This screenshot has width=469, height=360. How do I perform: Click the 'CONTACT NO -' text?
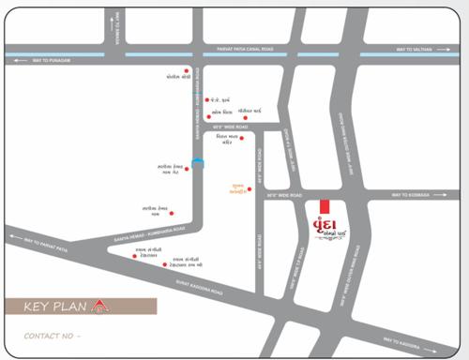pyautogui.click(x=53, y=335)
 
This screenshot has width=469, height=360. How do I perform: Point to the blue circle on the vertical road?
pyautogui.click(x=196, y=161)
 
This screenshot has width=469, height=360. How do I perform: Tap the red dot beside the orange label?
pyautogui.click(x=249, y=189)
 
